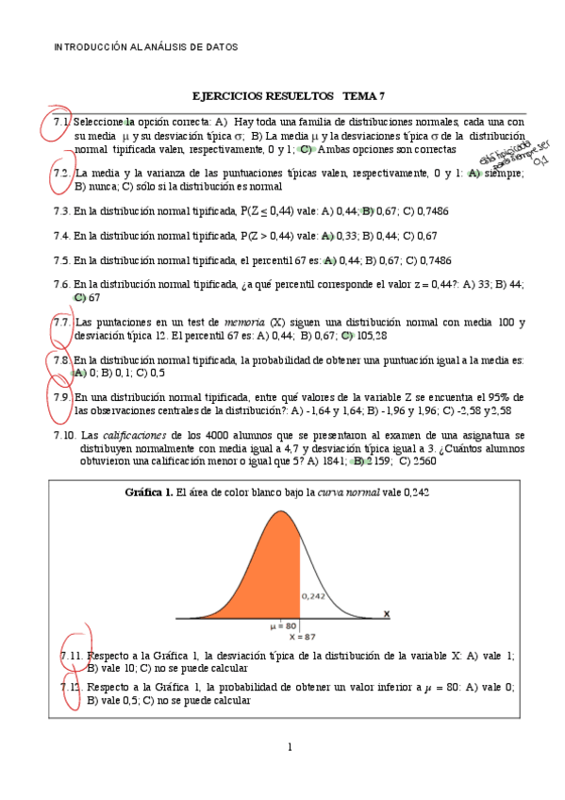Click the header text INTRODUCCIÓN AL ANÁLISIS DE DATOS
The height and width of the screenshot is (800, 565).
[x=145, y=46]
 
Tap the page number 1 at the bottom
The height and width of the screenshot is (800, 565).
[x=290, y=748]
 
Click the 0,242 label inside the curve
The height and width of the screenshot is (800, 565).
[x=313, y=596]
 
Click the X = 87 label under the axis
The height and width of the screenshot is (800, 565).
[x=295, y=637]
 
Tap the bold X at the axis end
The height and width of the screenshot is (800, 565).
[x=387, y=614]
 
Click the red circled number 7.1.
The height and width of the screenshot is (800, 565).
[x=62, y=123]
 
